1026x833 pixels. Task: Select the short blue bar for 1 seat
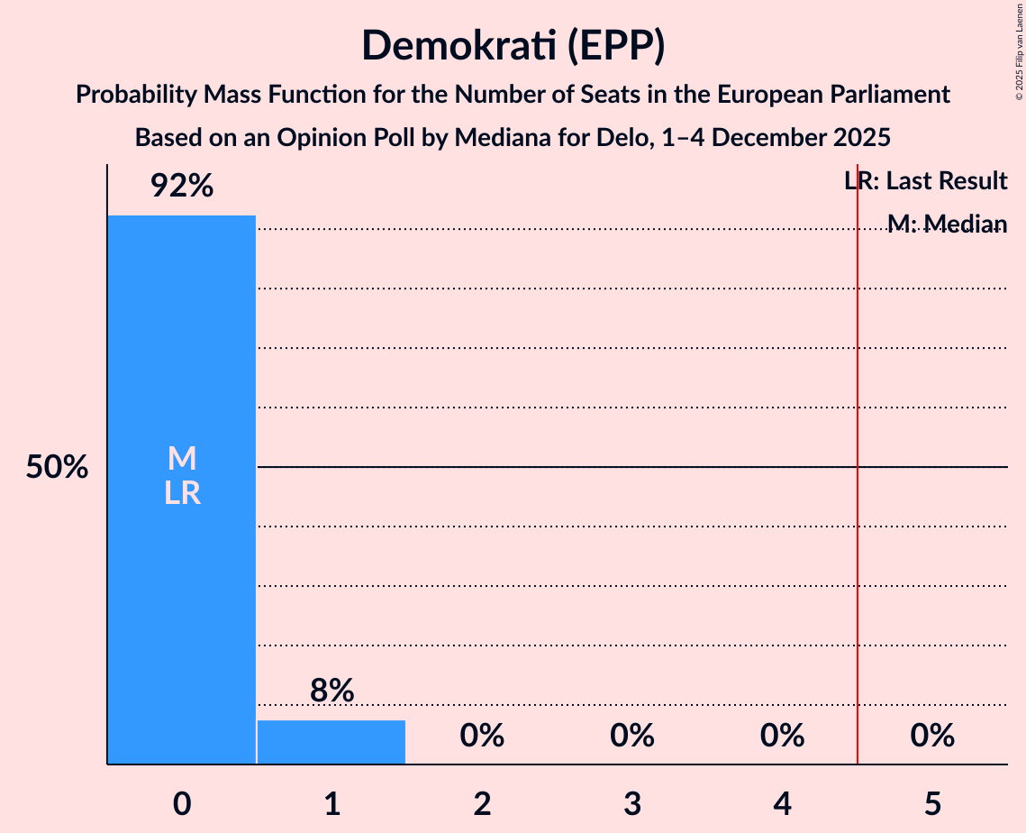pyautogui.click(x=331, y=742)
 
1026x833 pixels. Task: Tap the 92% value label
pyautogui.click(x=181, y=187)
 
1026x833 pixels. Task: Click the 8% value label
pyautogui.click(x=331, y=691)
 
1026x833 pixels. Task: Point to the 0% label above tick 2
pyautogui.click(x=482, y=736)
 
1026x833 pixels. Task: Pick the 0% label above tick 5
pyautogui.click(x=932, y=736)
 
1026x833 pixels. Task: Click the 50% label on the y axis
pyautogui.click(x=57, y=468)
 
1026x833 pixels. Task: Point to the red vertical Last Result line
pyautogui.click(x=858, y=541)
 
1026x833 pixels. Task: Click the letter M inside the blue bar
pyautogui.click(x=181, y=459)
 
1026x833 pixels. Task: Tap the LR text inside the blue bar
pyautogui.click(x=181, y=493)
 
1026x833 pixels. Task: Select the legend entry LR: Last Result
pyautogui.click(x=925, y=181)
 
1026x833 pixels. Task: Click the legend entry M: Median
pyautogui.click(x=946, y=224)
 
